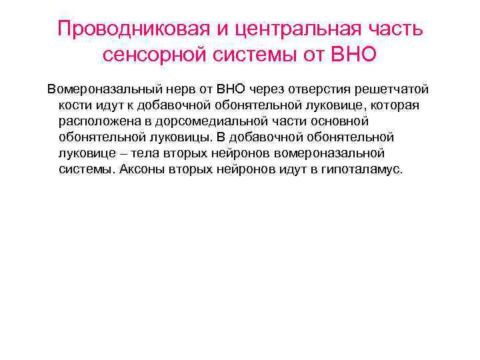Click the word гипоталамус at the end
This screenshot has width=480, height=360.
click(363, 169)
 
